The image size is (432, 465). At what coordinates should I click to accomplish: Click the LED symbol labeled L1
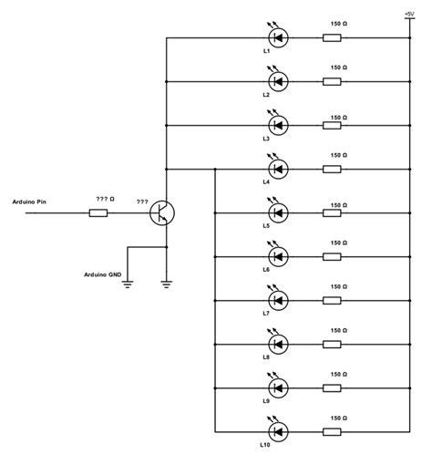click(x=278, y=37)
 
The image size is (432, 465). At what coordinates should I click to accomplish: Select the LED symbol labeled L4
click(x=278, y=169)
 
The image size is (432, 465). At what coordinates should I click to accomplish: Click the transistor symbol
click(x=162, y=213)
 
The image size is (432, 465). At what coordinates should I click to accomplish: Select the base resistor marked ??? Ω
click(x=98, y=213)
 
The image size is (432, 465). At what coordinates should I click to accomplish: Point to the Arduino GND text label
click(x=103, y=274)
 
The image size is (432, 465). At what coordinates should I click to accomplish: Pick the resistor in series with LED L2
click(x=333, y=81)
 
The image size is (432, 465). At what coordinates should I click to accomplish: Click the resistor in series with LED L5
click(x=333, y=212)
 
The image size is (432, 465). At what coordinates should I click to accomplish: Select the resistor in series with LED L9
click(x=333, y=387)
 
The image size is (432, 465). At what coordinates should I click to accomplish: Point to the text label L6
click(x=266, y=270)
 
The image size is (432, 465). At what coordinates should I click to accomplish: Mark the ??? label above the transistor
click(x=142, y=201)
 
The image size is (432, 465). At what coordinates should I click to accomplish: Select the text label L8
click(x=266, y=357)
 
